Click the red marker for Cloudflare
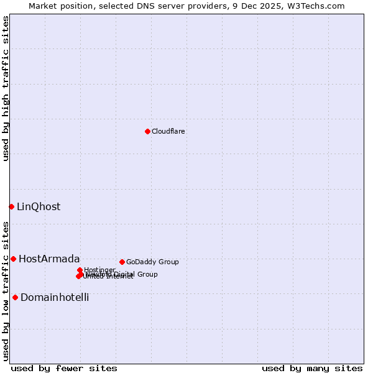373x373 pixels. coord(147,131)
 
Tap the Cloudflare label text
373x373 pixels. coord(168,132)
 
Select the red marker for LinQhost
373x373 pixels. coord(11,206)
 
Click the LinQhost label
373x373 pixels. coord(39,207)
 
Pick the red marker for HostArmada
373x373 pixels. coord(13,259)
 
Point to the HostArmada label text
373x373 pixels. coord(49,259)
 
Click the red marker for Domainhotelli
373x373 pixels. coord(15,297)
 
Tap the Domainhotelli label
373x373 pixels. coord(55,298)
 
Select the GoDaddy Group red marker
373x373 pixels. coord(122,262)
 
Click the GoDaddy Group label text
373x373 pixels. coord(152,262)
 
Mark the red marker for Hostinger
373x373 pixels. coord(80,270)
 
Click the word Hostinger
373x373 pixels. coord(100,270)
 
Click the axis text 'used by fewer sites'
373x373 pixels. coord(64,369)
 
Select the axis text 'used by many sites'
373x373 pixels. coord(312,369)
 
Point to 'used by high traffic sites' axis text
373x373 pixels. coord(6,88)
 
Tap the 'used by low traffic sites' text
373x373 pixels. coord(6,290)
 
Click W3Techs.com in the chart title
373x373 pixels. coord(321,6)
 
